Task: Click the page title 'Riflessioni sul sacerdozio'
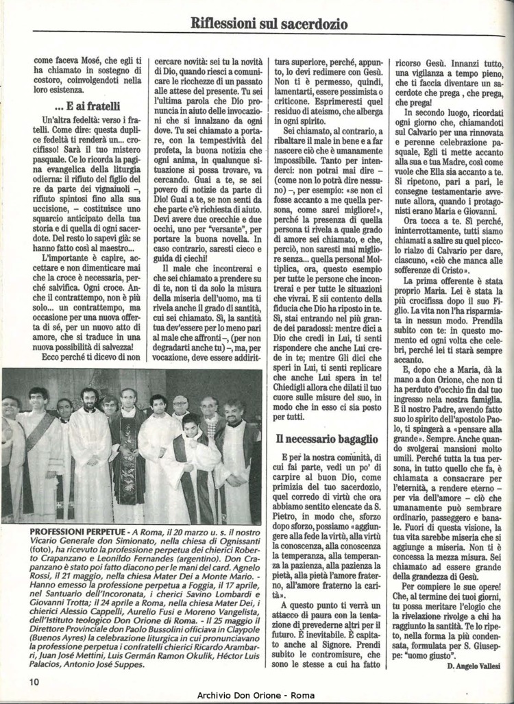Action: [x=269, y=24]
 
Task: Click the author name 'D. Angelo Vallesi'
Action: [x=474, y=666]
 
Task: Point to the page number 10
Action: [x=34, y=680]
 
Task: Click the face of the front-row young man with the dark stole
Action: [x=190, y=425]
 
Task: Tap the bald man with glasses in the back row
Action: [x=180, y=404]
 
